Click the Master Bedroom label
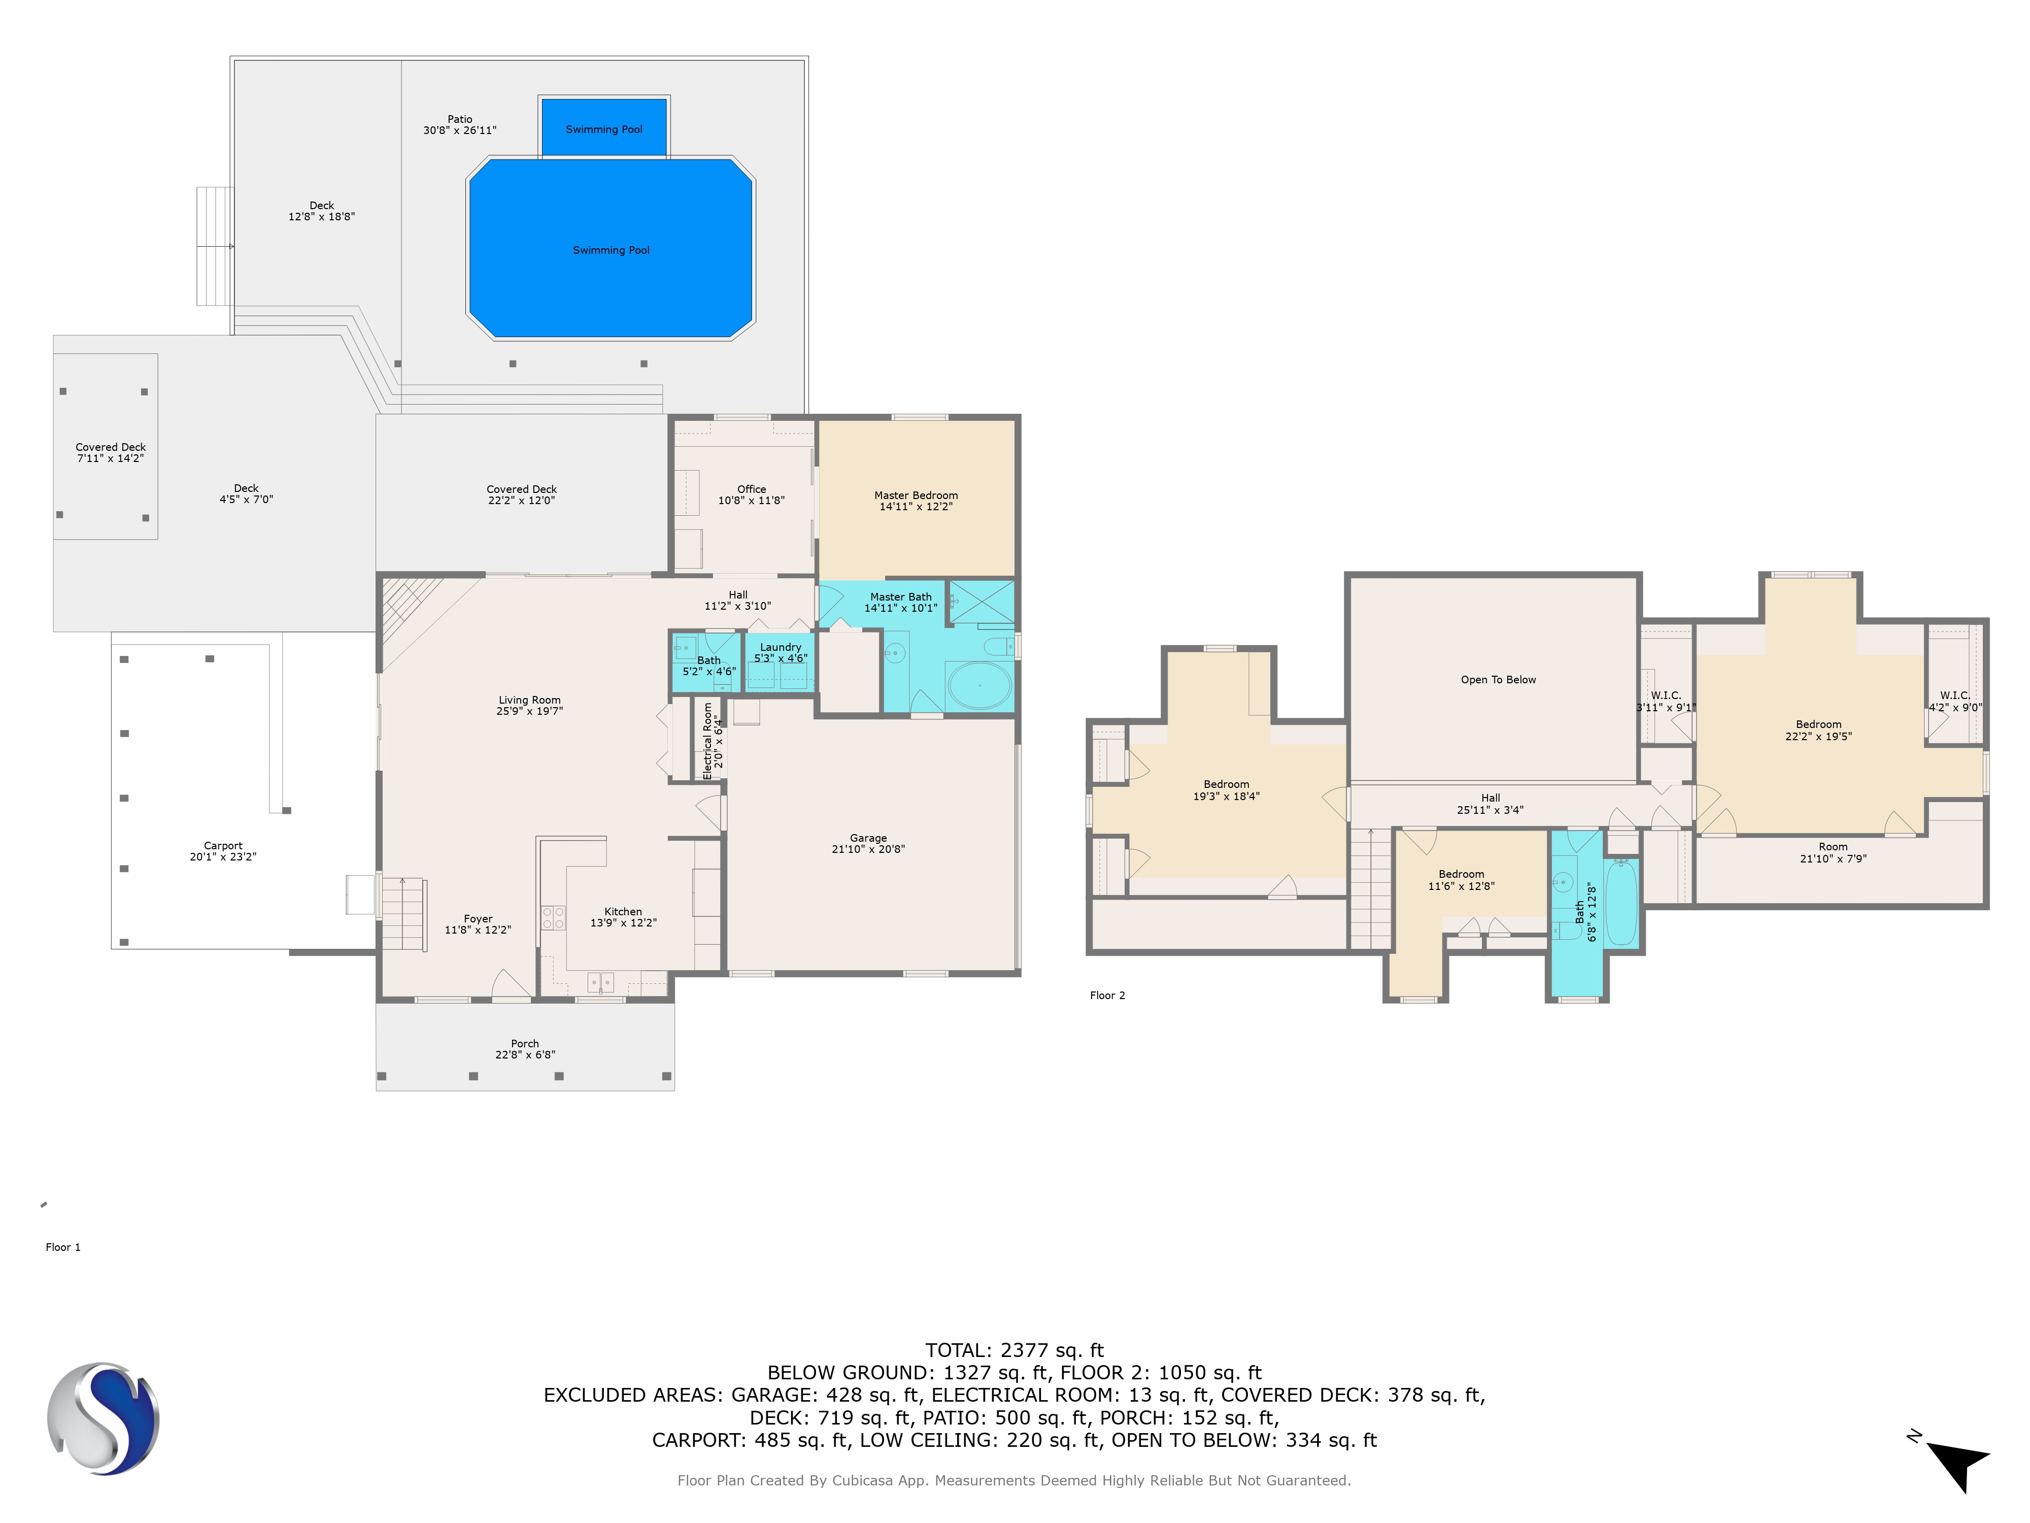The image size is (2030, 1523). point(916,495)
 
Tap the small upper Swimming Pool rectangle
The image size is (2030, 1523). point(604,127)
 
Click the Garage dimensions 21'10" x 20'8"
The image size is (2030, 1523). point(868,849)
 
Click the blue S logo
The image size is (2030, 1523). point(103,1418)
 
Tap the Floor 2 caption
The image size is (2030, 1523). point(1108,995)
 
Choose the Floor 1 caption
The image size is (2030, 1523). point(63,1247)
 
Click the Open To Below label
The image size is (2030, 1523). point(1498,679)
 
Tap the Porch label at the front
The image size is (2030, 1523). point(525,1044)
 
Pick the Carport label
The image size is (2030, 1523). point(223,845)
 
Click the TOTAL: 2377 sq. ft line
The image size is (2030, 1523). point(1014,1350)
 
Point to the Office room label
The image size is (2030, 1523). point(752,489)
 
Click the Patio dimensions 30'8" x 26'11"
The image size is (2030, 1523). point(460,130)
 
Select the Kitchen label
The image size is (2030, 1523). point(623,912)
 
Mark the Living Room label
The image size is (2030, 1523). point(529,700)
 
